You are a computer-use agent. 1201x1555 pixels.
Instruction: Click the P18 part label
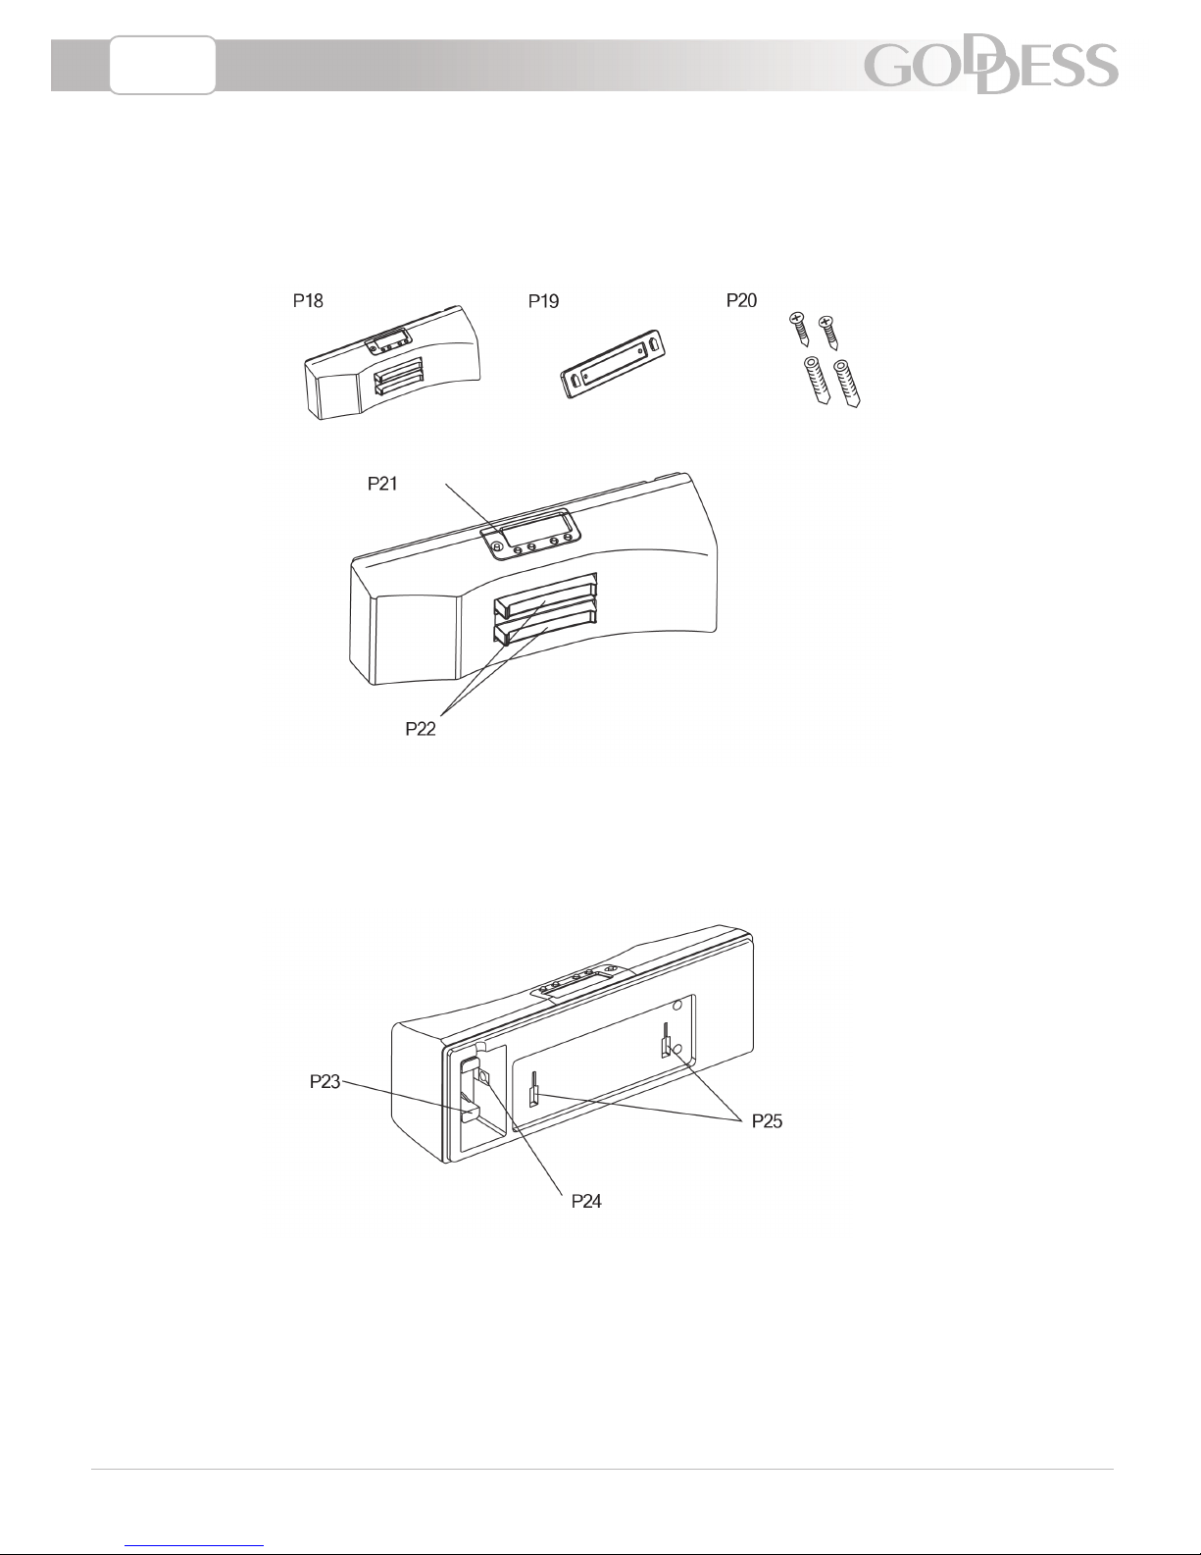point(308,300)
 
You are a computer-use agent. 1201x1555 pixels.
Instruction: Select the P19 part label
point(543,301)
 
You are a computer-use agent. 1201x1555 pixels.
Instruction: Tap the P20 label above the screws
point(741,300)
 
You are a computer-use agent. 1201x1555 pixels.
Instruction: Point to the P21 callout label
point(382,484)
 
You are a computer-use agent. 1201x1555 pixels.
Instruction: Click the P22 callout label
point(421,729)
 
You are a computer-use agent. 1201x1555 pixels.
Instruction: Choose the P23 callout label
point(325,1081)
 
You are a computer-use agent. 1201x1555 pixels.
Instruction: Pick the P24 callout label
point(586,1202)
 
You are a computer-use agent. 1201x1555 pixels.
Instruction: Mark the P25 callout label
point(767,1121)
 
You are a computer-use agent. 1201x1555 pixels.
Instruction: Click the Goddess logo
point(991,66)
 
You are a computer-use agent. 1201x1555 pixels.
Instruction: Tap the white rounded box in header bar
point(163,66)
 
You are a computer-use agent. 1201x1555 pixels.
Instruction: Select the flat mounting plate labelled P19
point(613,364)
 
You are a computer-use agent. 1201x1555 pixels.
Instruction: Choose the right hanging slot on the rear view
point(667,1039)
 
